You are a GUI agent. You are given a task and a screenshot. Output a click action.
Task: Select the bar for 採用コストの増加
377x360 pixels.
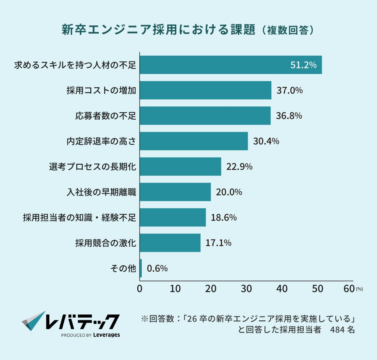click(205, 90)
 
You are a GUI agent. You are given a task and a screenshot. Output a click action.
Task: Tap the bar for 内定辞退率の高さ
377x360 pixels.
click(194, 141)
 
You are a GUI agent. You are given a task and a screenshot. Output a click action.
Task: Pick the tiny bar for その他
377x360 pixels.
click(141, 268)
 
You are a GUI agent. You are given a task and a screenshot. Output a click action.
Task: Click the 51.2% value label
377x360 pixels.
click(303, 65)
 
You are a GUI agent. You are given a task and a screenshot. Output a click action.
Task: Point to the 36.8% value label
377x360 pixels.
click(289, 116)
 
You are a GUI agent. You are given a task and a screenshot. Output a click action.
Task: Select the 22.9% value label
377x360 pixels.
click(239, 166)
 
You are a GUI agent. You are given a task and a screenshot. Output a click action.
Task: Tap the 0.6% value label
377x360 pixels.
click(157, 268)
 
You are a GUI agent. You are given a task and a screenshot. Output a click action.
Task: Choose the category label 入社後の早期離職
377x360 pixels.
click(101, 192)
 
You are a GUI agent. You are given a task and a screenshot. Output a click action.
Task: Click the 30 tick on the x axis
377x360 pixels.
click(246, 289)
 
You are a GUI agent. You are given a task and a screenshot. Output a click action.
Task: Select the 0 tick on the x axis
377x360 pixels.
click(140, 289)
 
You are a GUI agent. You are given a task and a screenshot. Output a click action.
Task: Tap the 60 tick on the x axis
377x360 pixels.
click(349, 289)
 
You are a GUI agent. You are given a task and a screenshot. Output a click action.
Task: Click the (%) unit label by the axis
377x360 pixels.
click(359, 289)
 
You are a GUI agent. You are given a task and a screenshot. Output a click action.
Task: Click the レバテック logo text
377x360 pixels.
click(82, 322)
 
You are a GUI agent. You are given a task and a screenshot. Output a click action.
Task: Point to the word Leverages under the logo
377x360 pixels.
click(107, 335)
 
